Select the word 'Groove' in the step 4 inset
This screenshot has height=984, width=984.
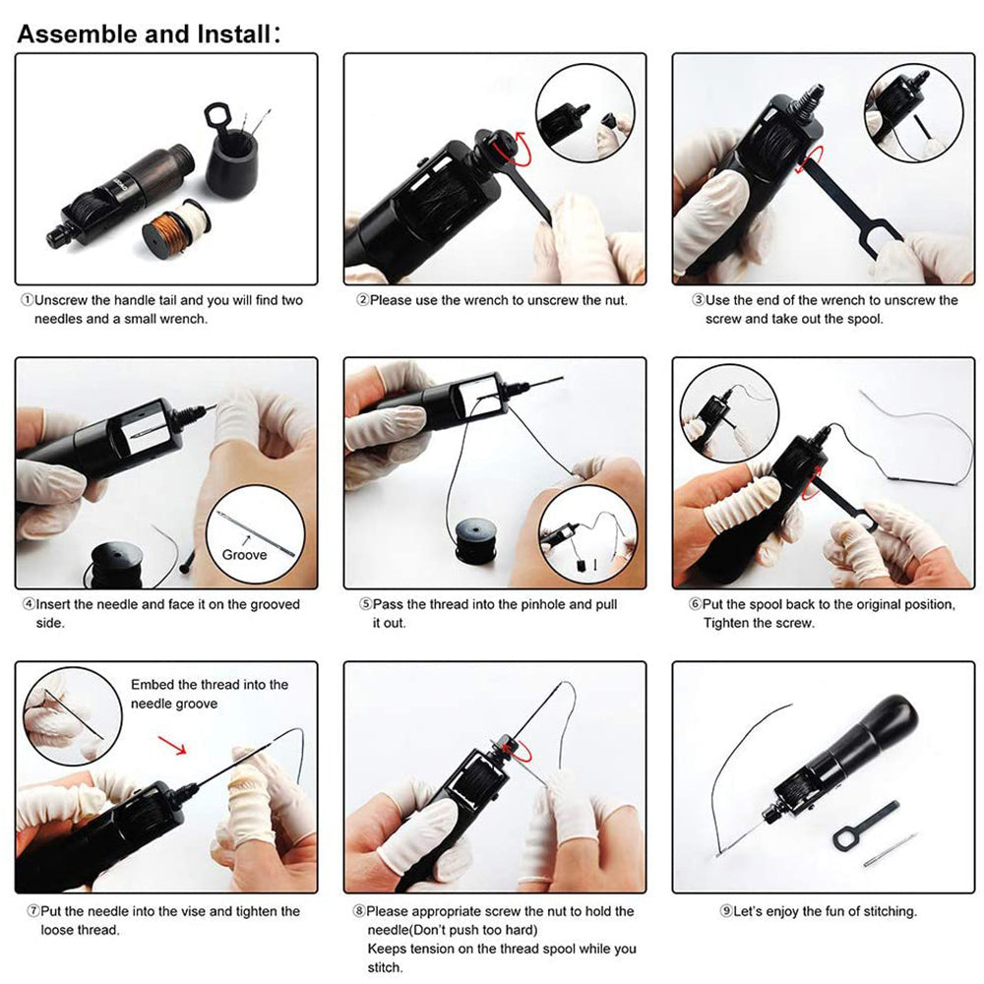pos(244,555)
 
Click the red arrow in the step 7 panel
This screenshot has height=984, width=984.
pos(172,746)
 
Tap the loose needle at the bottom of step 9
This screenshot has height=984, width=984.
pos(891,850)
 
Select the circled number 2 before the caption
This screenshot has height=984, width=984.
pos(363,300)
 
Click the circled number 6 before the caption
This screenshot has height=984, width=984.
pos(695,604)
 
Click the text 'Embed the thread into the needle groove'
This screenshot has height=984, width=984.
pos(210,694)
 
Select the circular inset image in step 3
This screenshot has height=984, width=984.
pos(913,113)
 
